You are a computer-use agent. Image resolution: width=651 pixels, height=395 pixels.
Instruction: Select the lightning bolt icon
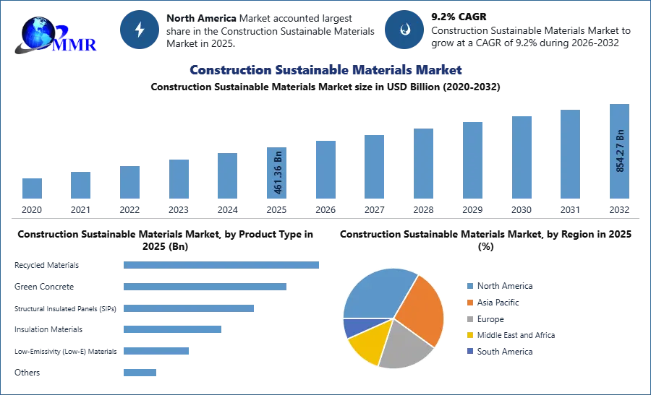tap(140, 30)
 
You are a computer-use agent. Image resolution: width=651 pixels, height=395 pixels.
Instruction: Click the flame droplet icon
tap(404, 30)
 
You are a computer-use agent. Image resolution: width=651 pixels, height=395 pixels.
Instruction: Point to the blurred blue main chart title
tap(325, 70)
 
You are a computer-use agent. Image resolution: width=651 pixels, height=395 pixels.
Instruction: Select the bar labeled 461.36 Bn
tap(278, 173)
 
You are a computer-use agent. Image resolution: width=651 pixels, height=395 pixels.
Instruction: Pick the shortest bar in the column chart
tap(31, 188)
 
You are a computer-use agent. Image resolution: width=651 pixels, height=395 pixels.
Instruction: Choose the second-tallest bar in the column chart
tap(569, 155)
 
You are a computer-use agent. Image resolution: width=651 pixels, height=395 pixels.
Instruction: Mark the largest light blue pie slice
tap(376, 292)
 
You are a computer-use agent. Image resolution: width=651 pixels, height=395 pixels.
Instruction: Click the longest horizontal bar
tap(222, 266)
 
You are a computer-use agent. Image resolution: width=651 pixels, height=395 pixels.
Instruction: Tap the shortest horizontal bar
tap(139, 372)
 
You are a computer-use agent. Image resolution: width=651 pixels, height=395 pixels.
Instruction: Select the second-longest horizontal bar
tap(205, 288)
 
